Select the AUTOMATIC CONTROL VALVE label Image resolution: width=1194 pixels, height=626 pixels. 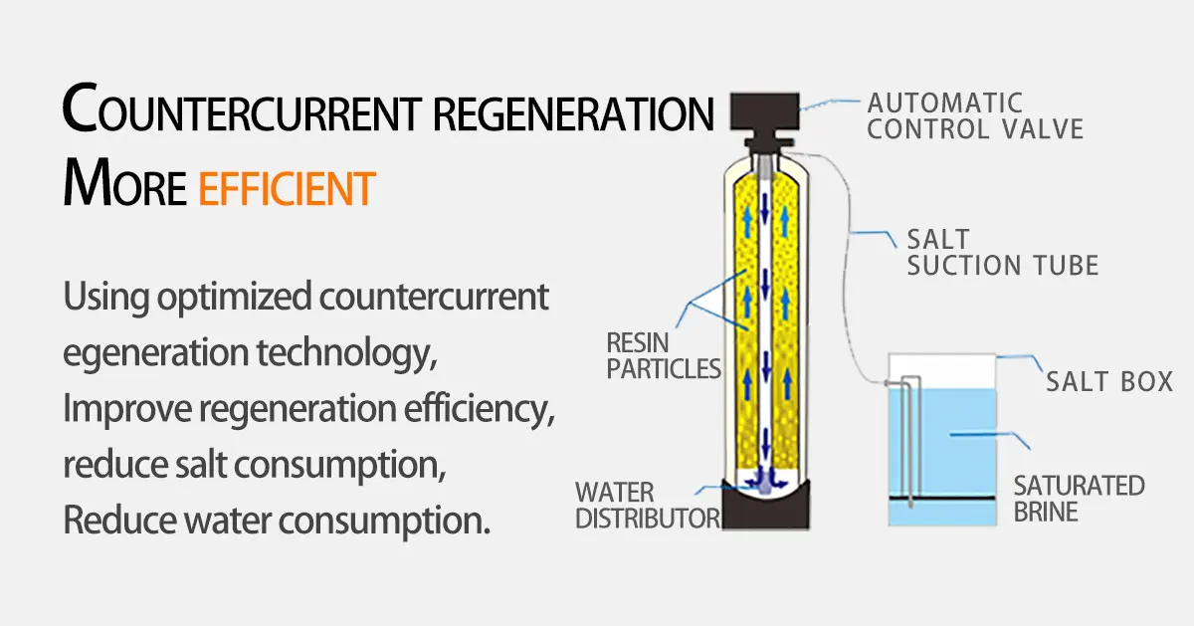tap(974, 115)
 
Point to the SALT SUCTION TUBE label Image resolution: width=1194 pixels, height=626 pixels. tap(1002, 253)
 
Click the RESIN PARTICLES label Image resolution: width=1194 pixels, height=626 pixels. tap(663, 355)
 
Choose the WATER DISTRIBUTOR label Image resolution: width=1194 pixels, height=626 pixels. tap(647, 505)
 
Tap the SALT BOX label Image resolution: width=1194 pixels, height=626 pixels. tap(1109, 381)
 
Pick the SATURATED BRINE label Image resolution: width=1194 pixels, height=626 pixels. tap(1079, 499)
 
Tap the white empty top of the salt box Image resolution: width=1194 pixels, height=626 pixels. tap(940, 369)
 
